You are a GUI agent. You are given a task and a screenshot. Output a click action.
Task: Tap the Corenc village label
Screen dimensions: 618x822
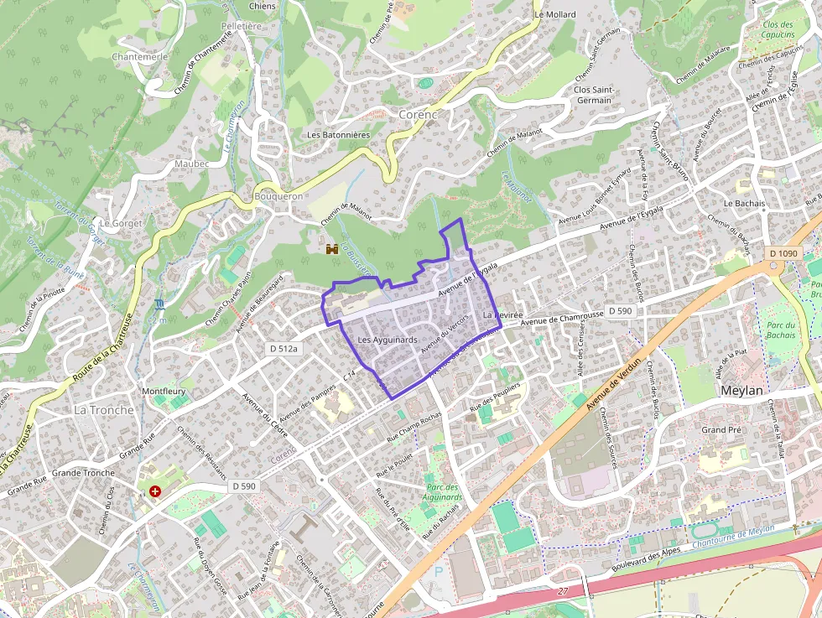tap(419, 113)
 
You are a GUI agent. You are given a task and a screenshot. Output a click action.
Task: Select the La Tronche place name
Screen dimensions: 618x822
tap(103, 410)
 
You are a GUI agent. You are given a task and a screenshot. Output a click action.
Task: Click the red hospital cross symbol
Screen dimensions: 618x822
tap(155, 491)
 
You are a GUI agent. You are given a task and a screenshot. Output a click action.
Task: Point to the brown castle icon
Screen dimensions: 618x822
tap(332, 249)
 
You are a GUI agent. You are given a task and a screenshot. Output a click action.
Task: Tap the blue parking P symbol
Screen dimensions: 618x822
tap(438, 571)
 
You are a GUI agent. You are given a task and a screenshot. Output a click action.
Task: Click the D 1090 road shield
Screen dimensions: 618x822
tap(783, 253)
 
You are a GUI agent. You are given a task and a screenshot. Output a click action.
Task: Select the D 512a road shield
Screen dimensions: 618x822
tap(284, 348)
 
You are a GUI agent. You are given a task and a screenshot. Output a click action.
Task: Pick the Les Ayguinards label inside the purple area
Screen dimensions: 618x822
tap(387, 340)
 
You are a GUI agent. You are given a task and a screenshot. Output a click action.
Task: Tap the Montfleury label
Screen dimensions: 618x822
tap(163, 392)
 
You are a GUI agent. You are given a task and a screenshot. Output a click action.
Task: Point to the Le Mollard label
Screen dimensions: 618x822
tap(555, 15)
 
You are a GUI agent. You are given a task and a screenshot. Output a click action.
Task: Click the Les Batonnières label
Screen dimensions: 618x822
tap(338, 134)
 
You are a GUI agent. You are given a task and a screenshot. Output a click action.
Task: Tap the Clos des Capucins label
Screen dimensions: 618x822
tap(778, 30)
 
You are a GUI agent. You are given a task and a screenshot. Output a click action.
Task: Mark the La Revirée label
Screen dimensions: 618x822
tap(503, 314)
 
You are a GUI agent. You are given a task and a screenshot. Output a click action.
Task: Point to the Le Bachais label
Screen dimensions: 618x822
tap(744, 203)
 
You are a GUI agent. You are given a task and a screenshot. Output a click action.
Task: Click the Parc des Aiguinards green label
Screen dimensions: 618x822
tap(442, 492)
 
